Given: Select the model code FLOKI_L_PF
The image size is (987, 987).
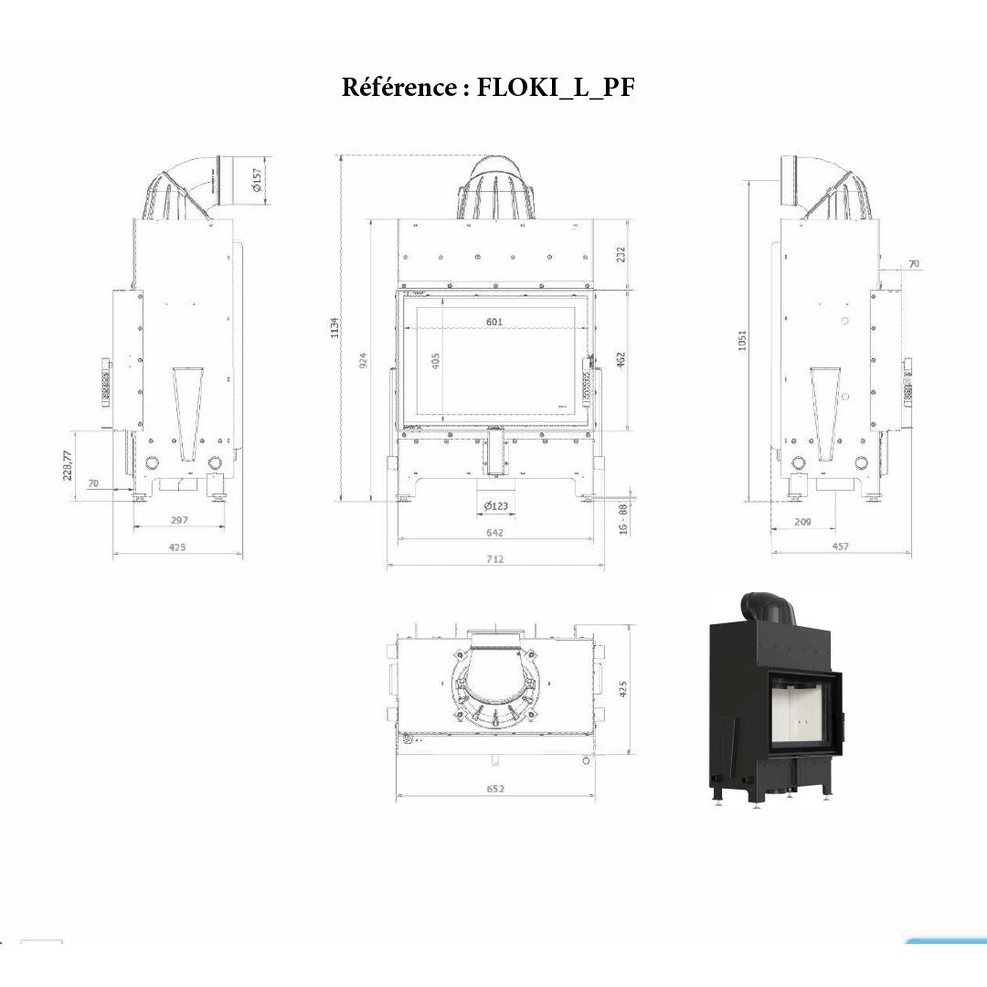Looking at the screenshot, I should [555, 88].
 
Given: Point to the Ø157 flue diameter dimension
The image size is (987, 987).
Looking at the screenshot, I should [257, 179].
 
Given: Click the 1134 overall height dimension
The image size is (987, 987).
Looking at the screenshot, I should [334, 326].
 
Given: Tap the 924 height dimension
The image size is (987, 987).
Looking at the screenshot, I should [364, 359].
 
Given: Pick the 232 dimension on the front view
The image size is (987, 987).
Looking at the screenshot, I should [621, 254].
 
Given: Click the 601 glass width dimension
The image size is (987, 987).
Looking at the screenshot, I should [494, 322].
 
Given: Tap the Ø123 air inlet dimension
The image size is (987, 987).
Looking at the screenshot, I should [495, 506].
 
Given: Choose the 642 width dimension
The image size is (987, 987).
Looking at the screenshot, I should [494, 532].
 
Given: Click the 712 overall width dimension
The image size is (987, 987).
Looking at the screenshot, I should [494, 558].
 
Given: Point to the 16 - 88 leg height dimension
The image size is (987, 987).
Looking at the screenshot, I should [623, 519].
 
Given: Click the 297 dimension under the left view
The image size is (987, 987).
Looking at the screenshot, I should [179, 520].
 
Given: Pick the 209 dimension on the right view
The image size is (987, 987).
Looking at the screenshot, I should [803, 521].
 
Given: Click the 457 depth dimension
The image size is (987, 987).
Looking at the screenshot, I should [840, 547].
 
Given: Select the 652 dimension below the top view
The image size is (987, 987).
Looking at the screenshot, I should [495, 789].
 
